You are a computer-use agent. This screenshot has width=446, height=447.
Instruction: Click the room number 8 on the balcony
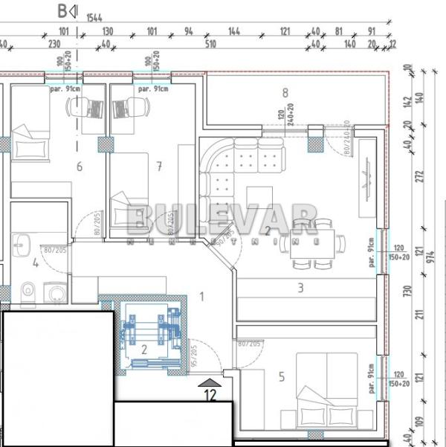pos(285,93)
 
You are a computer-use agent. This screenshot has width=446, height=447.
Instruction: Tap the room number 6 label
pos(80,166)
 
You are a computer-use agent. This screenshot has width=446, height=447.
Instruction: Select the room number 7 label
pos(159,166)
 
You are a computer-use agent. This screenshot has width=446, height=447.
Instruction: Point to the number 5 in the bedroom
pos(281,377)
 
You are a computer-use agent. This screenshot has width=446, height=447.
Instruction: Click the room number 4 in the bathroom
pos(35,262)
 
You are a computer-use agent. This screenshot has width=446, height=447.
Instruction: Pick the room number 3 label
pos(300,288)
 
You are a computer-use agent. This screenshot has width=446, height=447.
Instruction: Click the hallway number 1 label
pos(201,297)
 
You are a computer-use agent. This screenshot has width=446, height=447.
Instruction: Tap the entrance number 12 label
pos(210,396)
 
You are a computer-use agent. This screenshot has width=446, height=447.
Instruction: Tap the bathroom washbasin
pos(21,244)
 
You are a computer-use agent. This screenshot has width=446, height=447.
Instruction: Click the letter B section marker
pos(62,11)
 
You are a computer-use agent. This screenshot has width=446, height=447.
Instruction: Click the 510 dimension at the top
pos(211,43)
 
